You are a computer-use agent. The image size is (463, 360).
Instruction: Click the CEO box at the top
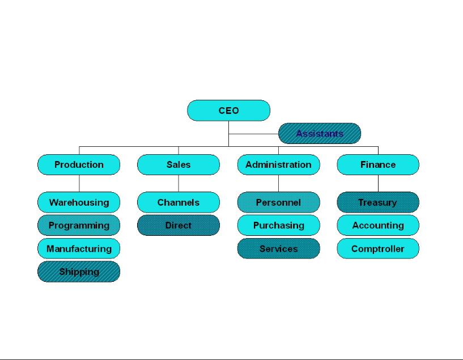(x=228, y=111)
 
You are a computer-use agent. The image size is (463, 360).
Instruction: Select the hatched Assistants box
(x=320, y=134)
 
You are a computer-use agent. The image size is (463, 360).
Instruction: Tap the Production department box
(x=79, y=165)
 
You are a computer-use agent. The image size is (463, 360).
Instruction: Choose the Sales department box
(x=179, y=165)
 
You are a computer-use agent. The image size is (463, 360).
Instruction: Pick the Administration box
(x=278, y=165)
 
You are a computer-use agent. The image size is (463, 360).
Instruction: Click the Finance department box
(x=378, y=165)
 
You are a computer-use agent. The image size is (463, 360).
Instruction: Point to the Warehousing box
(x=79, y=202)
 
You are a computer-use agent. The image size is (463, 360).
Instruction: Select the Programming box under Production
(x=79, y=226)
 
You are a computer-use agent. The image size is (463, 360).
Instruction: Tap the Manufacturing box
(x=79, y=249)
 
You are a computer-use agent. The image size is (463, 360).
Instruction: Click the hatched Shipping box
(x=79, y=272)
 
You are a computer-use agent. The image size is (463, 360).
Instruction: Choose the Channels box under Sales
(x=179, y=202)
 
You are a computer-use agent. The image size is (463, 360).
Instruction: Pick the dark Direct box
(x=179, y=226)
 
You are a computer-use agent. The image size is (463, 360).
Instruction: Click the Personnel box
(x=278, y=202)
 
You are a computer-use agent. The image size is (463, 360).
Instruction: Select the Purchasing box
(x=278, y=226)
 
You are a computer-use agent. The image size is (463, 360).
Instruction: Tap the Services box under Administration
(x=278, y=249)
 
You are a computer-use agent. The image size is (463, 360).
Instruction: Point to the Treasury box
(x=378, y=202)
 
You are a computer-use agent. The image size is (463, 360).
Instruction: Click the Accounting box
(x=378, y=226)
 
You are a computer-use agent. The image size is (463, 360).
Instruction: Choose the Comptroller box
(x=378, y=249)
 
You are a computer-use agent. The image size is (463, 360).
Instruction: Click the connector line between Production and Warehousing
(x=79, y=184)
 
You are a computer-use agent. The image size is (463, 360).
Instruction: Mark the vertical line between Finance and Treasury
(x=378, y=184)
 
